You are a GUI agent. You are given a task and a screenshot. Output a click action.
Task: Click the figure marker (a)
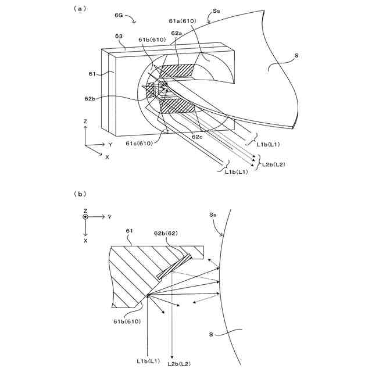pos(79,9)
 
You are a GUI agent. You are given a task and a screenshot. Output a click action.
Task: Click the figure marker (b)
pos(79,194)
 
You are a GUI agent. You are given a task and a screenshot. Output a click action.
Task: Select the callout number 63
pos(119,36)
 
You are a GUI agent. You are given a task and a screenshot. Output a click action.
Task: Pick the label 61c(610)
pos(140,143)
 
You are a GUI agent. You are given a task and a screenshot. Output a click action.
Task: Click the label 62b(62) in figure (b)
pos(165,233)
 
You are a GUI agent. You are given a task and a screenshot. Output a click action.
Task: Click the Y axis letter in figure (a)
pos(110,144)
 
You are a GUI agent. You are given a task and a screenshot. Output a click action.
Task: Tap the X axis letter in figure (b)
pos(85,239)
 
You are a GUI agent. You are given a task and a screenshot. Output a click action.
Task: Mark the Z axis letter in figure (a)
pos(85,122)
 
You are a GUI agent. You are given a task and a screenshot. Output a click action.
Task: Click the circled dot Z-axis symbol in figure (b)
pos(85,217)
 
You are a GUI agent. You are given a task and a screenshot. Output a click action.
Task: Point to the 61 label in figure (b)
pos(129,231)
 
